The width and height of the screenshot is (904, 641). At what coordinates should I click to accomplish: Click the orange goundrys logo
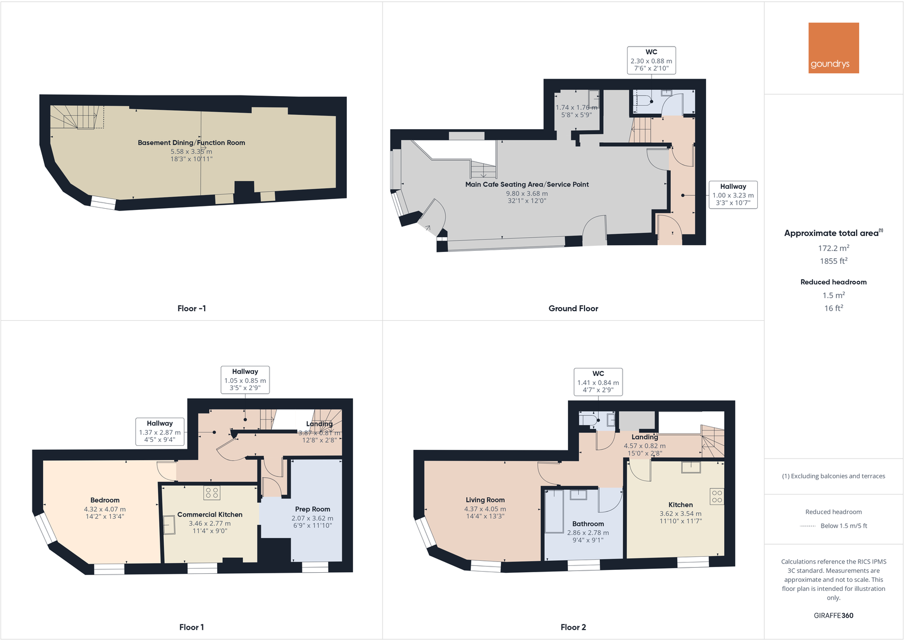833,48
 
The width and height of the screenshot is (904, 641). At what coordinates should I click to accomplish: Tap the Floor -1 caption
192,308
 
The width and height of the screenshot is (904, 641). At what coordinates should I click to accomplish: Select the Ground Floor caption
573,308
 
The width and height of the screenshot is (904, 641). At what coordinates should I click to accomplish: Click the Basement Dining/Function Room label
191,143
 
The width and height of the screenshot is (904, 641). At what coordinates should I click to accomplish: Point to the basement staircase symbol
77,117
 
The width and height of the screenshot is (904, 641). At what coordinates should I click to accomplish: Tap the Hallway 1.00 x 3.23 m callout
733,195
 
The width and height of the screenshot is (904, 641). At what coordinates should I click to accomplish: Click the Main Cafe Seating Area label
526,184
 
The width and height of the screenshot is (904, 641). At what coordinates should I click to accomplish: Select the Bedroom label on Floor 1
105,501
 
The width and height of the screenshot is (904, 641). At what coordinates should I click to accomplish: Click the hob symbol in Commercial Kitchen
212,493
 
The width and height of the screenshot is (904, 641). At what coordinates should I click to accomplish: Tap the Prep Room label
312,509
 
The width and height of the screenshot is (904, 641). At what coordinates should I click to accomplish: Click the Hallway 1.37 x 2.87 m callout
160,431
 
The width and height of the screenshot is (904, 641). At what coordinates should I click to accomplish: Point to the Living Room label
485,500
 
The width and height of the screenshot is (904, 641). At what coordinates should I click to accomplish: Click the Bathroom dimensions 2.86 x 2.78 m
587,533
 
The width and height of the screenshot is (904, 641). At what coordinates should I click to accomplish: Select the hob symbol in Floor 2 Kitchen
716,497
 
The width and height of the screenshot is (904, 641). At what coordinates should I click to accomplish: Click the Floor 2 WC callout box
598,382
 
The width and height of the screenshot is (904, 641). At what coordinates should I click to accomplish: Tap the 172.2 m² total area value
833,248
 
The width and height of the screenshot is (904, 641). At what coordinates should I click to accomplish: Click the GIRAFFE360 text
833,615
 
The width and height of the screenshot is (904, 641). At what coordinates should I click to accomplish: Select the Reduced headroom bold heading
833,282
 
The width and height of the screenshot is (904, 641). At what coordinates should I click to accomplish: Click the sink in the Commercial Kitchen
169,524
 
